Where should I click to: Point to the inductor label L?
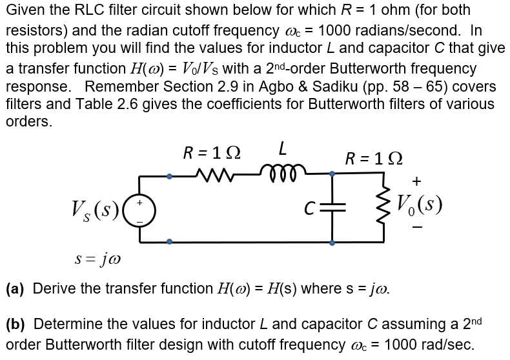click(x=282, y=150)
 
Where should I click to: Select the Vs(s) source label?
click(x=97, y=210)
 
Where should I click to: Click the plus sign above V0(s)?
click(x=418, y=180)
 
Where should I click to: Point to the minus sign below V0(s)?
click(x=418, y=228)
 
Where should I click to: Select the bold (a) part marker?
click(x=15, y=288)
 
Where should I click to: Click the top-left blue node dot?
click(x=169, y=174)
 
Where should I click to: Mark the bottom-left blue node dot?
click(x=169, y=243)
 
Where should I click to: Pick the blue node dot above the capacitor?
click(x=332, y=174)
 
